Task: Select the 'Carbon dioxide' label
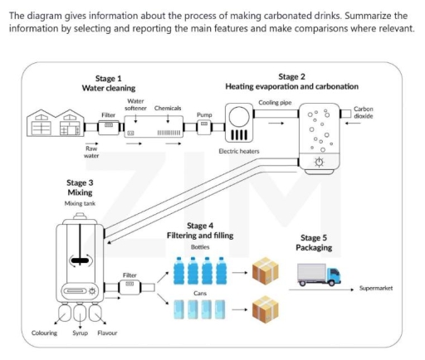[x=364, y=112]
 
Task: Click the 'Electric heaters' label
[x=239, y=151]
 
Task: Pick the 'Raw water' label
[x=92, y=151]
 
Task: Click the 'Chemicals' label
[x=169, y=109]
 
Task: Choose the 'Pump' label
[x=204, y=114]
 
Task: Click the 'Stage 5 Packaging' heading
[x=314, y=242]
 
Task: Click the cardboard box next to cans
[x=266, y=309]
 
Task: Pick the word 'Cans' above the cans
[x=199, y=293]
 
